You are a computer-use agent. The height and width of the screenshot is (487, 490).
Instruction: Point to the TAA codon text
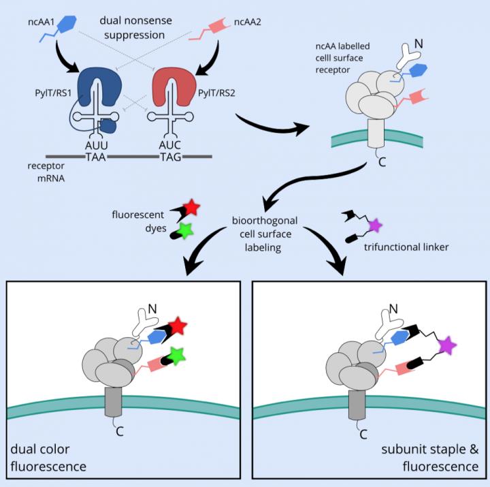pos(95,156)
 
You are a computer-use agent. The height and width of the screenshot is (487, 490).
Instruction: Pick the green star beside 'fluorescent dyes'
pos(184,229)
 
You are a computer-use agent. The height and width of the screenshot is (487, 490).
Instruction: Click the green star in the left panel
pos(178,356)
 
